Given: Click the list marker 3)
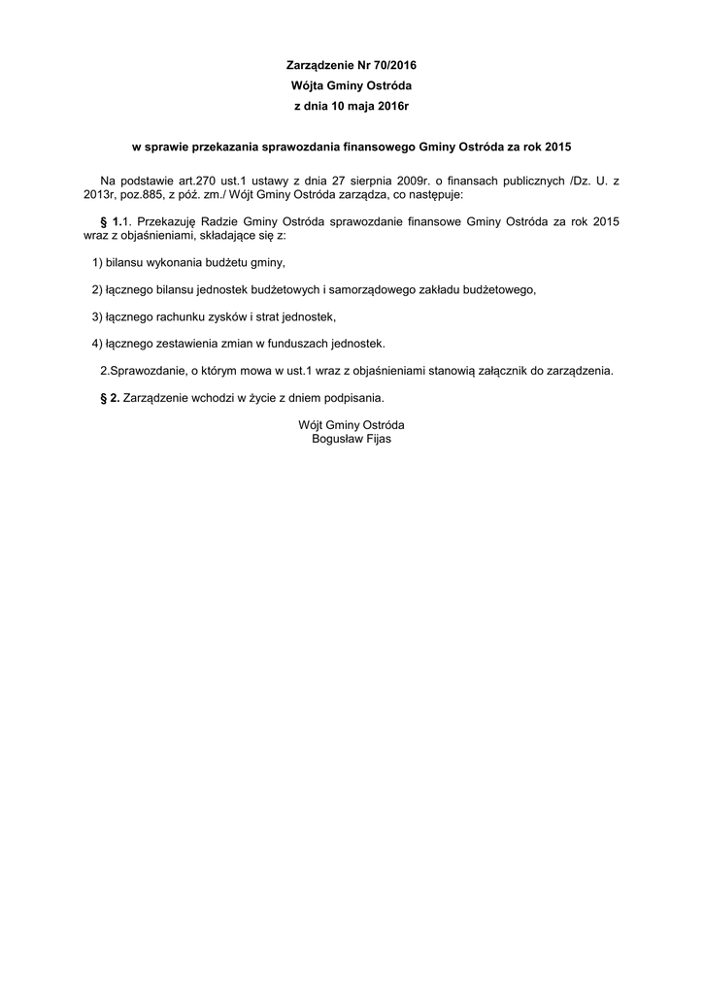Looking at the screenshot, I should [x=97, y=316].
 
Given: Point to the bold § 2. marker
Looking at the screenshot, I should [x=111, y=397].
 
